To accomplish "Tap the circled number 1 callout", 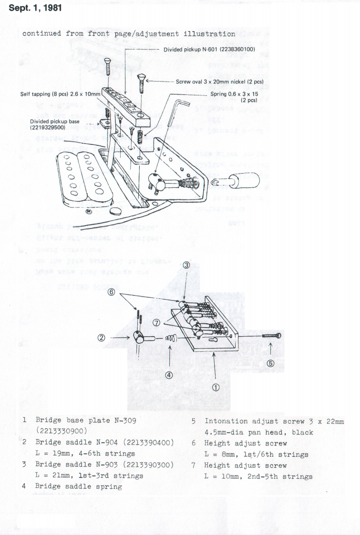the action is click(x=215, y=387).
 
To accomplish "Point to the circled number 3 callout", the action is click(x=187, y=265).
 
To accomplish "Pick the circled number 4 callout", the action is click(x=169, y=375).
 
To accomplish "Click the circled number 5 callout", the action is click(x=270, y=363).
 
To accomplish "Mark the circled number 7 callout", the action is click(x=156, y=323).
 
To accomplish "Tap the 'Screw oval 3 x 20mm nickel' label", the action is click(x=220, y=82).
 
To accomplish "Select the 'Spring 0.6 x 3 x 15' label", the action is click(x=234, y=94).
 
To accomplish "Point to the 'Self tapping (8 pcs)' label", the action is click(x=60, y=94).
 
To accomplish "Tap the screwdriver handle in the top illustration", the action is click(x=245, y=180).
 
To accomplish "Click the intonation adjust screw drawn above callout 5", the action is click(x=271, y=337).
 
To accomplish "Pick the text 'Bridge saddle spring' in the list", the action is click(x=79, y=487).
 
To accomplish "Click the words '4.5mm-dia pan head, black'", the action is click(x=258, y=432).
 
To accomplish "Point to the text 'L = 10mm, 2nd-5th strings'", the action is click(x=258, y=476).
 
